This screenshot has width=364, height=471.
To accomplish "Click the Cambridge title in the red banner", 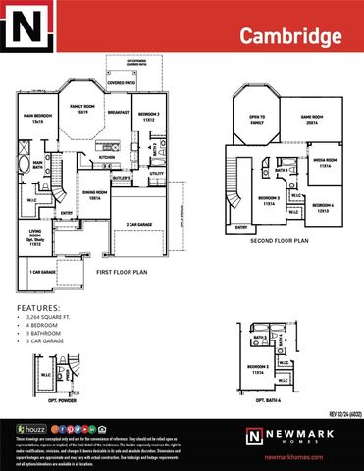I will pos(291,36).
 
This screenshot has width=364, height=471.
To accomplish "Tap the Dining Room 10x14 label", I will pos(94,195).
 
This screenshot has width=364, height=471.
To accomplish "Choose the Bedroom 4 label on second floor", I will pos(324,206).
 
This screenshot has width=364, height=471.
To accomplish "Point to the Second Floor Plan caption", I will pos(279,239).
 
